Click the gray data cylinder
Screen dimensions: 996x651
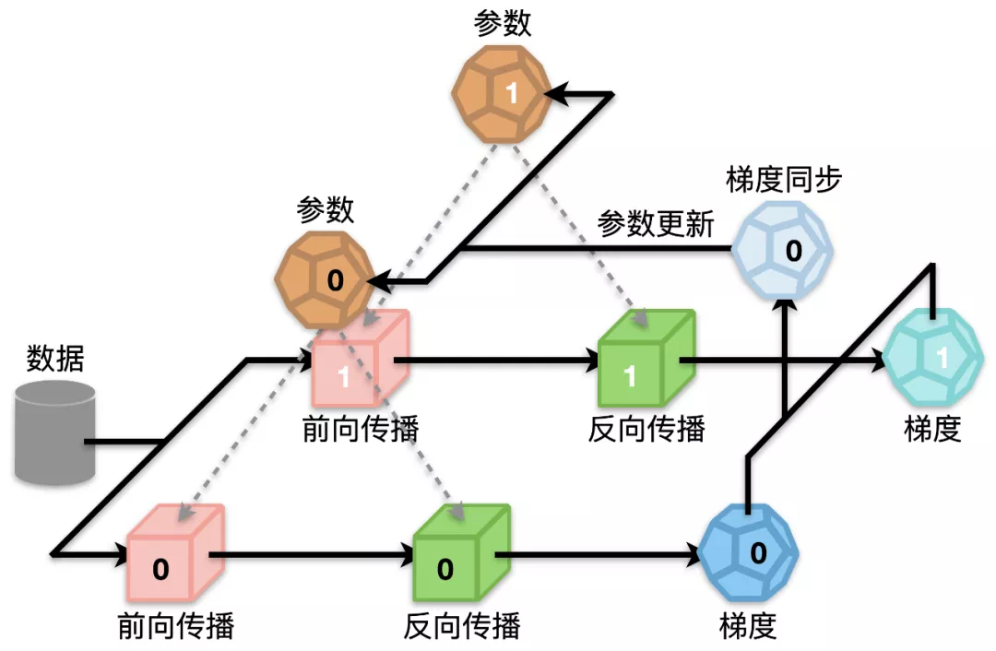click(55, 433)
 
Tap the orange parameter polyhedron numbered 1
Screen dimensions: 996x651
click(502, 94)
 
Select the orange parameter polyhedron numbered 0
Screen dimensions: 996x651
click(325, 280)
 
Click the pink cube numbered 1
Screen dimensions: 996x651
click(361, 359)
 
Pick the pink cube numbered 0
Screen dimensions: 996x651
click(176, 553)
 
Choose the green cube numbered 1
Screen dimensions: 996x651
click(646, 359)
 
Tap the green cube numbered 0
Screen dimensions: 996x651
click(462, 553)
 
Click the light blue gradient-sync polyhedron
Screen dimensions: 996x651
click(783, 250)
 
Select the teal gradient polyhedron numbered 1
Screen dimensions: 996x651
click(933, 358)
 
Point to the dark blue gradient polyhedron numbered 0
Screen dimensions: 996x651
click(748, 552)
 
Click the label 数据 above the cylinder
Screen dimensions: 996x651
click(55, 359)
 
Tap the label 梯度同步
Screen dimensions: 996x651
click(784, 180)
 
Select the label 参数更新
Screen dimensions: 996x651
click(656, 224)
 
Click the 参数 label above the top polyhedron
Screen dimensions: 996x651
click(502, 24)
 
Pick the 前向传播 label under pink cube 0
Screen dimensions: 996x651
click(176, 625)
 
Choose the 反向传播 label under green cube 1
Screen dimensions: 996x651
click(646, 430)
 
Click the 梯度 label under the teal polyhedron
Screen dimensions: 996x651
click(932, 430)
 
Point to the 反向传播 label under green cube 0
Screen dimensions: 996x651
click(462, 625)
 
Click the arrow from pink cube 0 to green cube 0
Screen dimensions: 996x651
click(312, 555)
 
